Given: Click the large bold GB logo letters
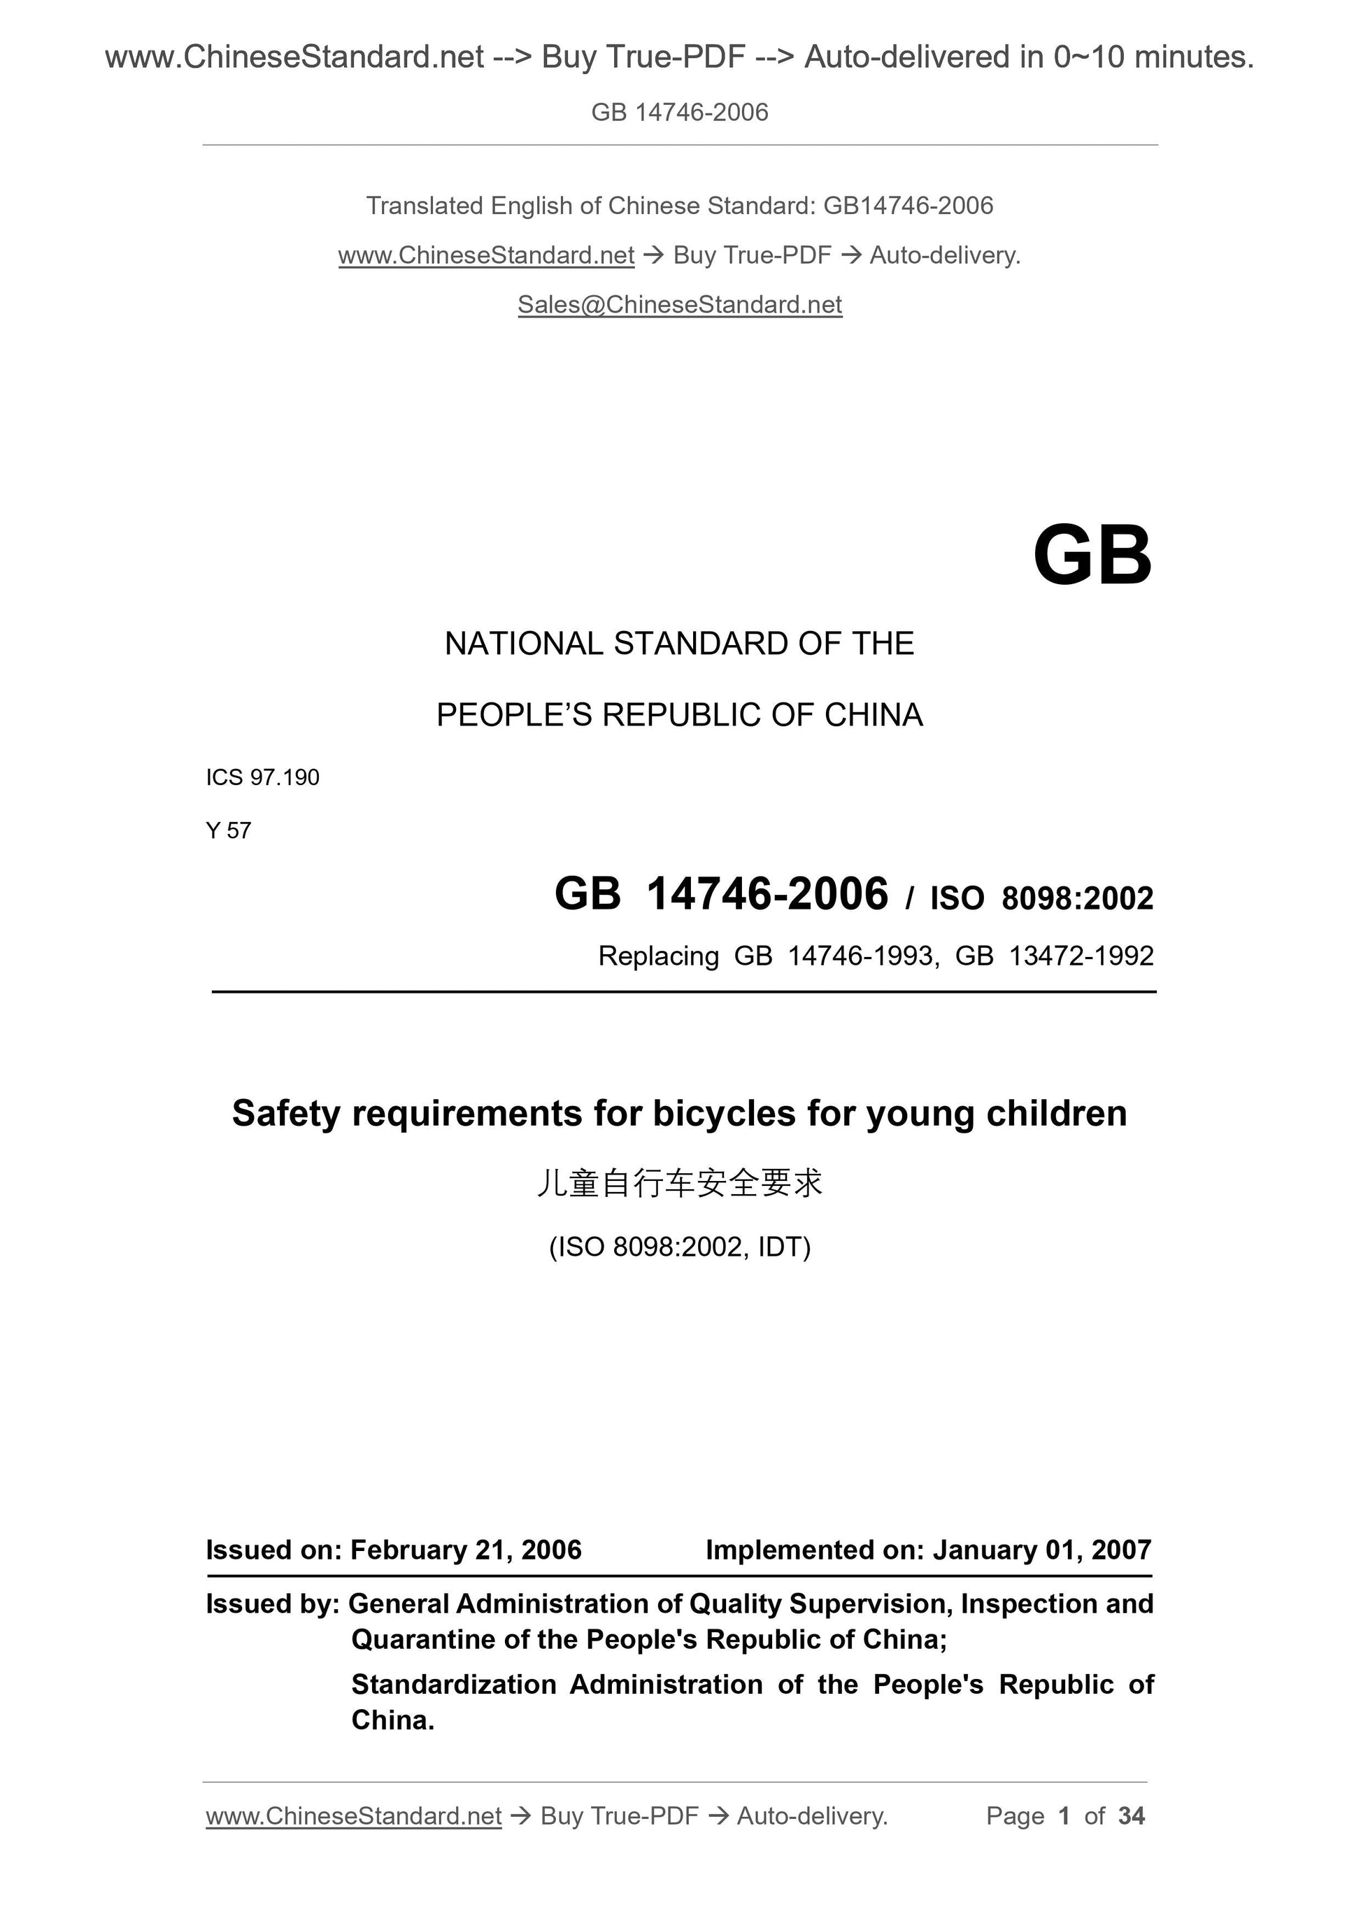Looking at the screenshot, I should pos(1092,555).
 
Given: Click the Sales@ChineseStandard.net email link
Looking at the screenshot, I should pos(679,304).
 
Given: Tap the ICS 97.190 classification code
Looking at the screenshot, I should pos(262,778).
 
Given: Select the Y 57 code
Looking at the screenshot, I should pos(228,830).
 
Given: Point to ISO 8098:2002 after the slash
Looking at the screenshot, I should pos(1041,898).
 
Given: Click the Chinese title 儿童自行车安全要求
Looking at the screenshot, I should pos(679,1183).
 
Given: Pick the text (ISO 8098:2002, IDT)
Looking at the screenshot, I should pos(679,1247).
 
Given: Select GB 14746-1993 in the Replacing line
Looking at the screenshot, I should pos(834,956).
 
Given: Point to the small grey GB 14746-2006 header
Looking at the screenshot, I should pos(679,113).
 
